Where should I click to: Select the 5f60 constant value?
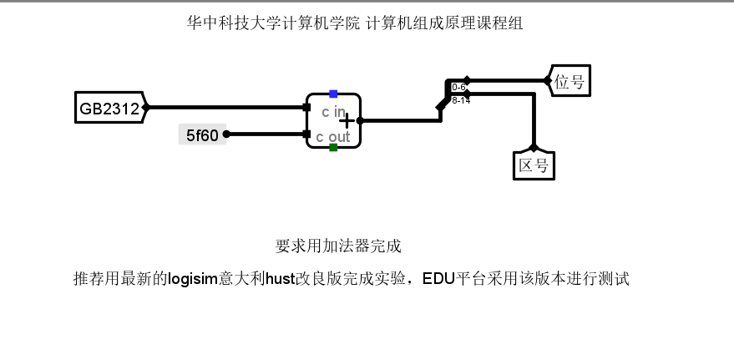click(202, 134)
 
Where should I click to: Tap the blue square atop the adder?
click(333, 94)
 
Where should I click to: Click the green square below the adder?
click(333, 148)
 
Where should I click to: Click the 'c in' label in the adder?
click(332, 111)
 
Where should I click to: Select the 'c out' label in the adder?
click(332, 136)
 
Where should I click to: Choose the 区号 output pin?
click(534, 165)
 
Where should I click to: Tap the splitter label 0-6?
click(458, 87)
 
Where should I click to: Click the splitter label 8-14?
click(460, 100)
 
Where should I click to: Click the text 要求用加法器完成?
click(338, 246)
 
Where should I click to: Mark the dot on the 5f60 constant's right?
click(226, 134)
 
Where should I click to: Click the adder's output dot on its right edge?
click(362, 120)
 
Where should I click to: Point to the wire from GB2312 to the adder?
click(225, 108)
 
